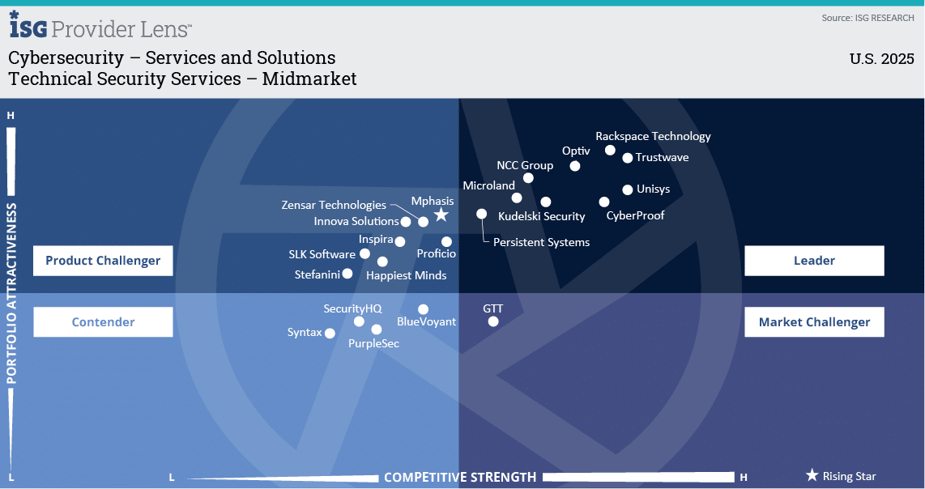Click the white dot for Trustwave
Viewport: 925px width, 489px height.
click(x=628, y=158)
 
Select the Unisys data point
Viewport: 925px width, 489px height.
click(x=628, y=189)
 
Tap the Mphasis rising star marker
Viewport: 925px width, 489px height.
click(x=441, y=215)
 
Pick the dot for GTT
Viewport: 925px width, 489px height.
click(x=493, y=321)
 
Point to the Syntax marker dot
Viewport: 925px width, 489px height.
click(x=330, y=334)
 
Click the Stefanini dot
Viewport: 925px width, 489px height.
click(x=347, y=274)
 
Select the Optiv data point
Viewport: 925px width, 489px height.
click(x=575, y=166)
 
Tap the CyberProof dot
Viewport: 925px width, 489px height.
click(x=604, y=202)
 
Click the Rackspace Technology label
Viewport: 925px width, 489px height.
click(x=653, y=136)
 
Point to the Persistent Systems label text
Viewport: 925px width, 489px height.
click(x=542, y=242)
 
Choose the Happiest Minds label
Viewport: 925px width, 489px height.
click(x=407, y=275)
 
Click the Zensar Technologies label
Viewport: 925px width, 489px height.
click(x=334, y=205)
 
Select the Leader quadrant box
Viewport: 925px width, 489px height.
click(x=814, y=261)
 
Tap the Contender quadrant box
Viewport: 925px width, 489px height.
click(x=103, y=322)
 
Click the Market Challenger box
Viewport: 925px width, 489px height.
click(x=814, y=322)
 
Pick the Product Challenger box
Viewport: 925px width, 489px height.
click(x=103, y=261)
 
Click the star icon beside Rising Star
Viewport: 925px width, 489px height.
click(x=812, y=475)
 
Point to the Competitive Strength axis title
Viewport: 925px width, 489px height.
click(x=460, y=477)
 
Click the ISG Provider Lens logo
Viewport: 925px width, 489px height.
click(x=100, y=25)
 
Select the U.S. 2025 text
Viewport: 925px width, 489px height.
click(x=882, y=59)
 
